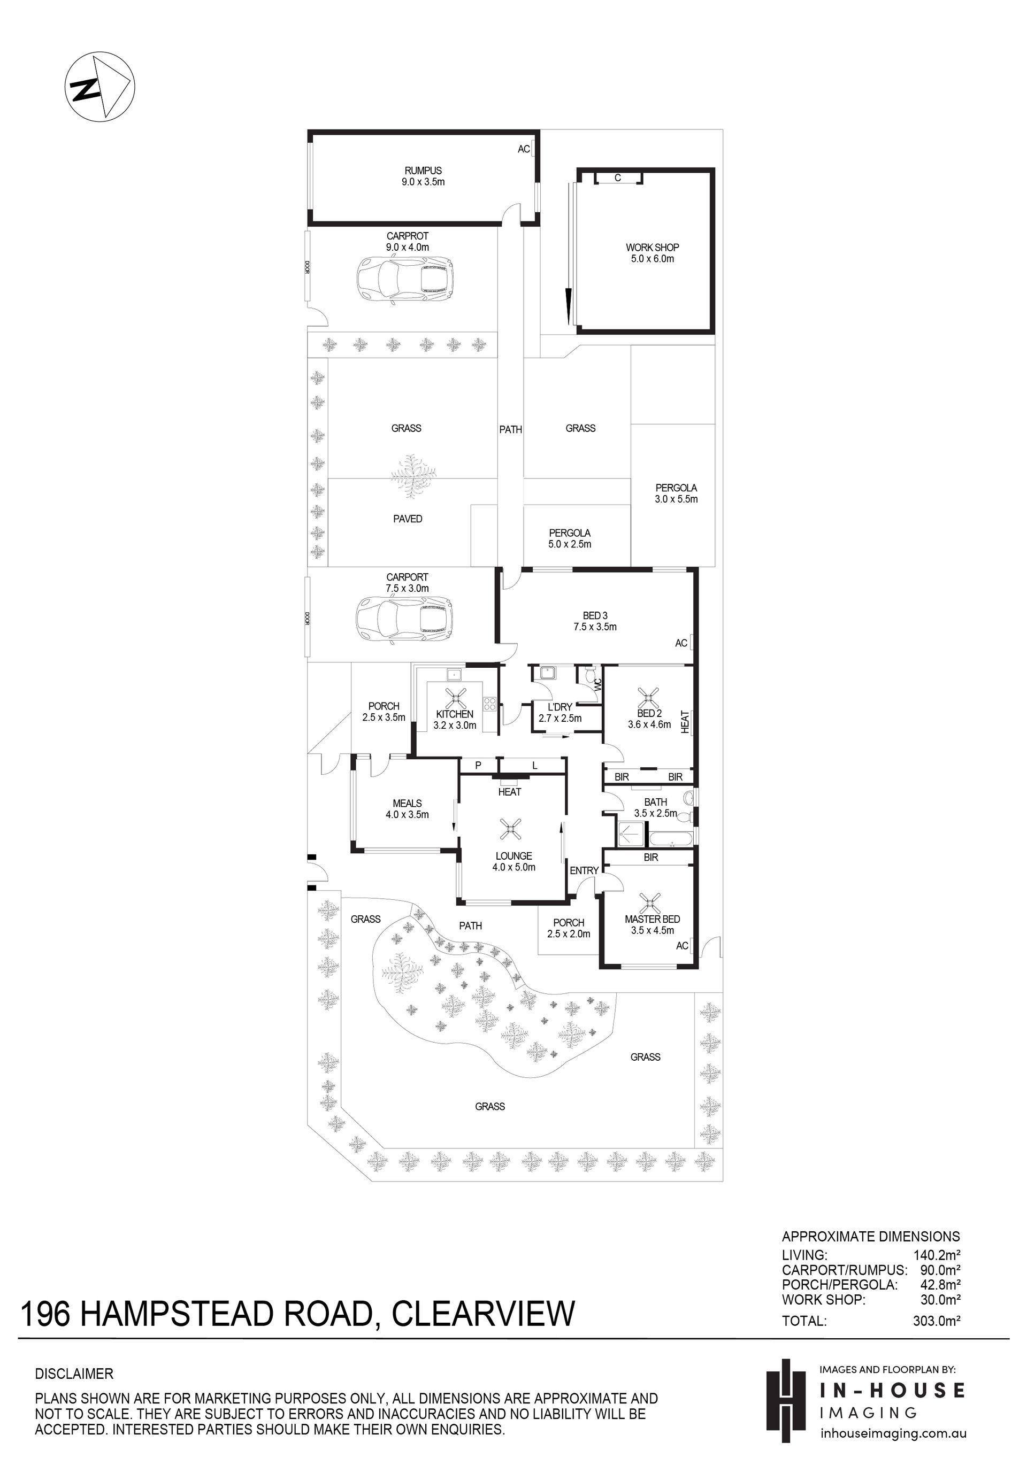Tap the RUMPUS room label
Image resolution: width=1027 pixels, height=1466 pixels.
(423, 171)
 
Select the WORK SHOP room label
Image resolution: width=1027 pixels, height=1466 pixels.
(652, 247)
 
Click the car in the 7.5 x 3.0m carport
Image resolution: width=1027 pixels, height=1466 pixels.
(405, 618)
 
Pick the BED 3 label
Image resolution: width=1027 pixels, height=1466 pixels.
(595, 615)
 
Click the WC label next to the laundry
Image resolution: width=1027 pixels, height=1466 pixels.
(598, 684)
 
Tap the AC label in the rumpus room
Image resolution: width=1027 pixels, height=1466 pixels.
(524, 149)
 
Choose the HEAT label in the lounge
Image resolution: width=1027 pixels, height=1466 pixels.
(510, 792)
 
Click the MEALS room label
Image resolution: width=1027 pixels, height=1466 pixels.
(407, 803)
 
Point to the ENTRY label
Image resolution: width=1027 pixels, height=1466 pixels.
(584, 870)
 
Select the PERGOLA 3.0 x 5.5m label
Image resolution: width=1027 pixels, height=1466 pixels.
(676, 493)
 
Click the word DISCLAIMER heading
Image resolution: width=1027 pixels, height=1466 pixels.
(74, 1374)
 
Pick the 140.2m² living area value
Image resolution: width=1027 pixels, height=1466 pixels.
(937, 1255)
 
